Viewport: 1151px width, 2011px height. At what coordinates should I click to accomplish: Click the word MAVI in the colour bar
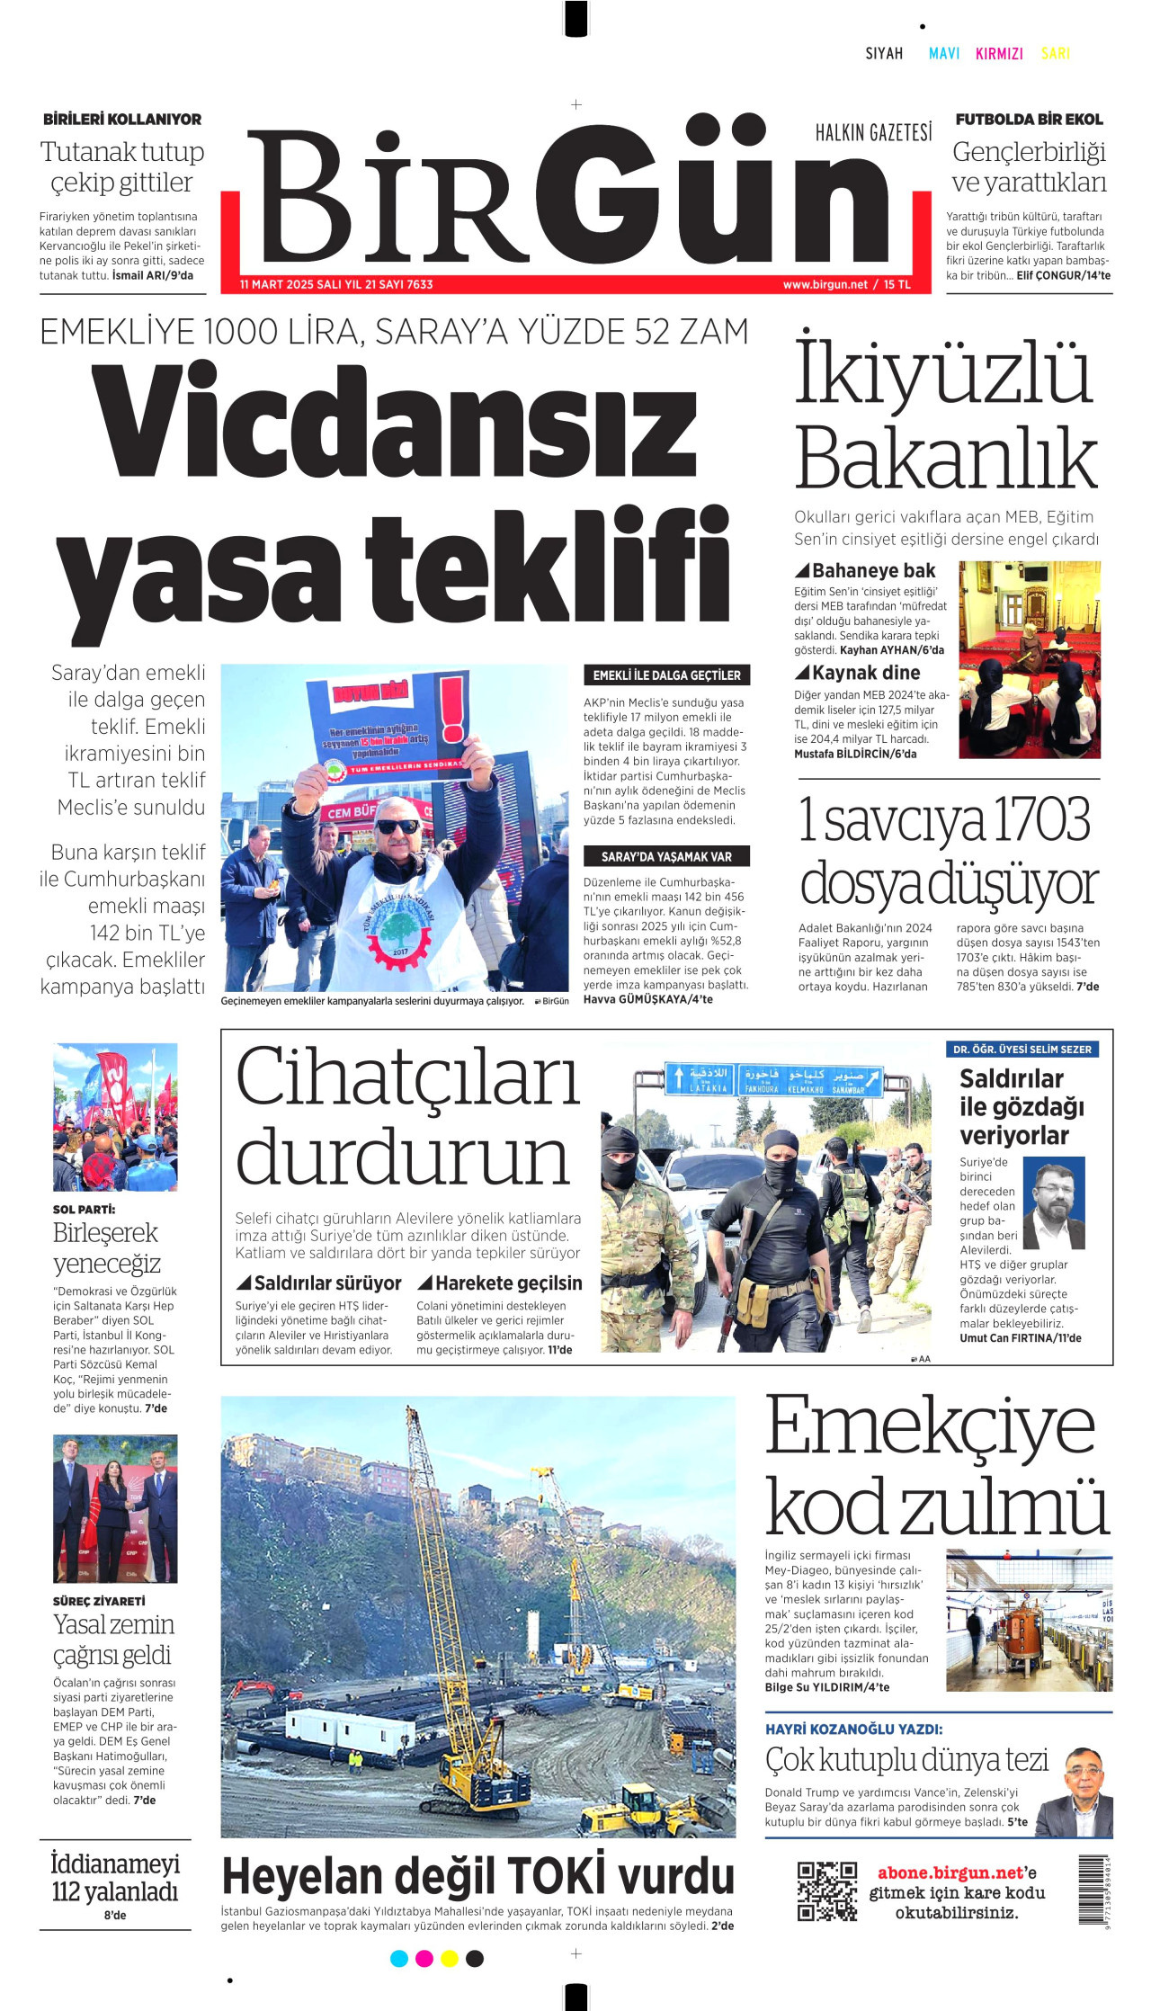pyautogui.click(x=943, y=54)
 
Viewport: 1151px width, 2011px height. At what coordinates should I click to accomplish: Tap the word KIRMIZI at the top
pyautogui.click(x=999, y=54)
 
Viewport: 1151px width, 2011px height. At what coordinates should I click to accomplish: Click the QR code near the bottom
pyautogui.click(x=826, y=1890)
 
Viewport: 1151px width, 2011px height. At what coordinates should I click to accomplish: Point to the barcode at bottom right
pyautogui.click(x=1093, y=1890)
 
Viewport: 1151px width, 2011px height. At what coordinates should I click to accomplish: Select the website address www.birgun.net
pyautogui.click(x=825, y=285)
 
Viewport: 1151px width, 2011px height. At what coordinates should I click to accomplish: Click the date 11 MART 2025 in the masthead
pyautogui.click(x=277, y=285)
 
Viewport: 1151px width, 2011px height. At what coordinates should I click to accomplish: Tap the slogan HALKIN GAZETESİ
pyautogui.click(x=873, y=133)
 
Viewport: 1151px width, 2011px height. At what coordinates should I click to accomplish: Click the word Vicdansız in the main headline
pyautogui.click(x=395, y=423)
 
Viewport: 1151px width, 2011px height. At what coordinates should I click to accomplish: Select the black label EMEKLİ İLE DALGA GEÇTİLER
pyautogui.click(x=666, y=675)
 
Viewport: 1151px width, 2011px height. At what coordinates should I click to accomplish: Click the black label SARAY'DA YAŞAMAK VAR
pyautogui.click(x=666, y=857)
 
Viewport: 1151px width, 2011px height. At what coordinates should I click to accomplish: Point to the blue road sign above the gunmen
pyautogui.click(x=773, y=1079)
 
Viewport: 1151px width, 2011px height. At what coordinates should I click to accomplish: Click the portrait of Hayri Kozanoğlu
pyautogui.click(x=1086, y=1792)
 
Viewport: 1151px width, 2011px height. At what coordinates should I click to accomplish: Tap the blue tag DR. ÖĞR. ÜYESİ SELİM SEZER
pyautogui.click(x=1022, y=1050)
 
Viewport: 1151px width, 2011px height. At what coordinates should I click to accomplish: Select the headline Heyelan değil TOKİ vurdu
pyautogui.click(x=477, y=1876)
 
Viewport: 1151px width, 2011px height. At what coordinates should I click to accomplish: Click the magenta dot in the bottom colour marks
pyautogui.click(x=424, y=1958)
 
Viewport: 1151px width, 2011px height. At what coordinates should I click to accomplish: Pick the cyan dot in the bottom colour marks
pyautogui.click(x=399, y=1958)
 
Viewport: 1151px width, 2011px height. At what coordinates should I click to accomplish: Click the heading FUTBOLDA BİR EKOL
pyautogui.click(x=1029, y=120)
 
